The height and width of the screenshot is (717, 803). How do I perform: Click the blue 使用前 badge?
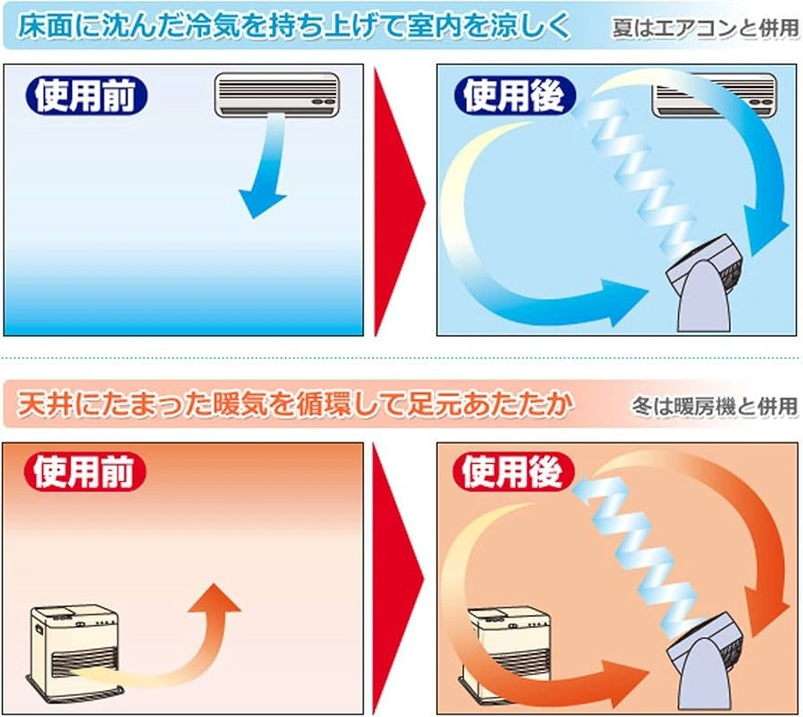pyautogui.click(x=86, y=96)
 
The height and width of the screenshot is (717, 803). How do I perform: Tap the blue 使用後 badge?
pyautogui.click(x=515, y=96)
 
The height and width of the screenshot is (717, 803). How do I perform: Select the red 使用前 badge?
pyautogui.click(x=85, y=471)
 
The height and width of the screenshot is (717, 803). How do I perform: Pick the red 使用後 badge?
pyautogui.click(x=514, y=471)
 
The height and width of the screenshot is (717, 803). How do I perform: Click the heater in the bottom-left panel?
pyautogui.click(x=75, y=650)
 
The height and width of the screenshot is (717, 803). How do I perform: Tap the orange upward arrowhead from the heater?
pyautogui.click(x=214, y=598)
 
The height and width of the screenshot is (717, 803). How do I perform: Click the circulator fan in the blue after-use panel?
pyautogui.click(x=706, y=283)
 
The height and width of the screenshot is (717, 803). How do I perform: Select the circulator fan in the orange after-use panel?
pyautogui.click(x=706, y=661)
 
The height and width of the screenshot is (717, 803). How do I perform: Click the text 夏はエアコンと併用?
pyautogui.click(x=705, y=28)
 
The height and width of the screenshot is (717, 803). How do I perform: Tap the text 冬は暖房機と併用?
pyautogui.click(x=714, y=407)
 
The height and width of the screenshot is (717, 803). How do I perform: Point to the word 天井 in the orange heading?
pyautogui.click(x=44, y=405)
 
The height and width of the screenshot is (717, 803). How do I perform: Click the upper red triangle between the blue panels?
pyautogui.click(x=400, y=202)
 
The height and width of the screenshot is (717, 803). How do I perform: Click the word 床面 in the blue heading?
pyautogui.click(x=45, y=27)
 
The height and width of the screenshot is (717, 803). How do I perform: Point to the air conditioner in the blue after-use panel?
pyautogui.click(x=714, y=96)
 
